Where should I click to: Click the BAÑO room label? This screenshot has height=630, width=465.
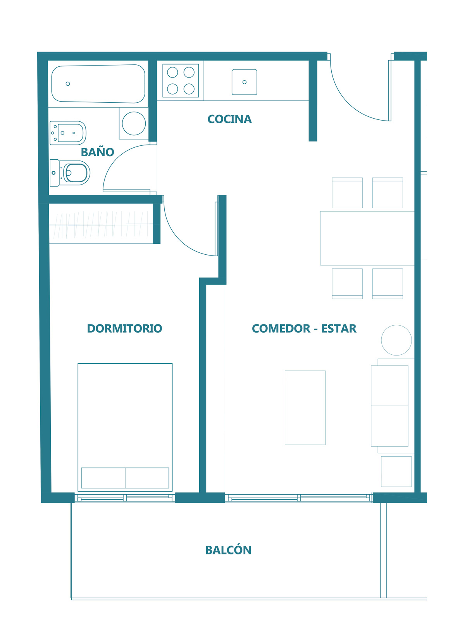pos(97,152)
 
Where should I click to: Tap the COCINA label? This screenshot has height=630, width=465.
pos(229,119)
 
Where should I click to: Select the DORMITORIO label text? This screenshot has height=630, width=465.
pos(124,328)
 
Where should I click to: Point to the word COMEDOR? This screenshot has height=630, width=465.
pos(281,328)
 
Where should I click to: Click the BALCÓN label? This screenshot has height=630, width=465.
pos(228,550)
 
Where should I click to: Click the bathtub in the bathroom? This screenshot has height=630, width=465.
pos(98,84)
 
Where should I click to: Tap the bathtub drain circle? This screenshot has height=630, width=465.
pos(68,84)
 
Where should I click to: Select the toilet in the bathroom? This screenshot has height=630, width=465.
pos(70,173)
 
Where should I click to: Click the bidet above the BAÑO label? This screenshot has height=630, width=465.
pos(68,133)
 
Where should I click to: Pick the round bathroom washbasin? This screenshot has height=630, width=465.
pos(134,124)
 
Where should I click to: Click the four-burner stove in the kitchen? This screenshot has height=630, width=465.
pos(181,81)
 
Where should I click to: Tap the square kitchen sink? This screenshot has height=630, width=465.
pos(245,82)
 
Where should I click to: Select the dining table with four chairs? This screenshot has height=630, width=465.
pos(367,238)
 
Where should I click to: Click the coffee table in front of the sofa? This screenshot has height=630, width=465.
pos(305,407)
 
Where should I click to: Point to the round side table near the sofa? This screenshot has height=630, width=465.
pos(396,340)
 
